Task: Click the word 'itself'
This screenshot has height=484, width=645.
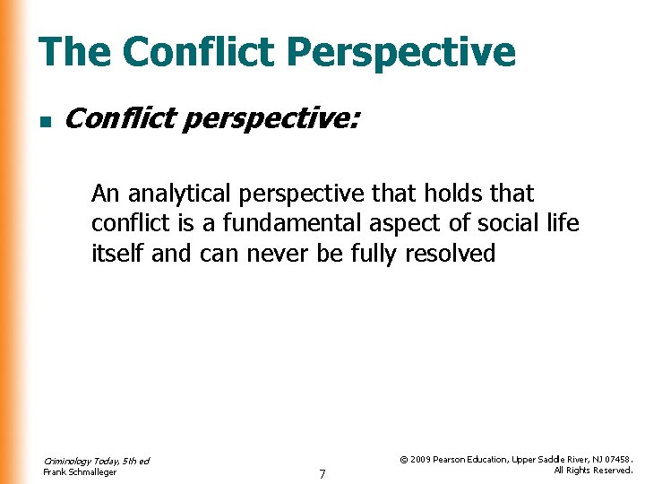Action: pyautogui.click(x=118, y=254)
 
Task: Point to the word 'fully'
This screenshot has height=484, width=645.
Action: pyautogui.click(x=373, y=254)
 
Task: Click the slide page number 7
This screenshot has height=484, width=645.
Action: pyautogui.click(x=322, y=472)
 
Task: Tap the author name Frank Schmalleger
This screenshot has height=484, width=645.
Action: pyautogui.click(x=80, y=472)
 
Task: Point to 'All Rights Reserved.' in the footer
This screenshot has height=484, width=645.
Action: pyautogui.click(x=593, y=471)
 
